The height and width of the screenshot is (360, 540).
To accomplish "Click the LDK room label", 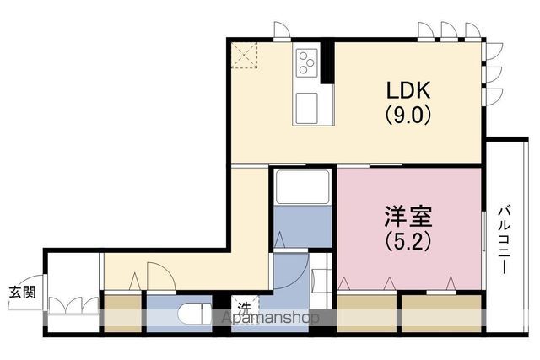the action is pyautogui.click(x=408, y=90).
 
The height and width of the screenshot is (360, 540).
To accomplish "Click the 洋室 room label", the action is pyautogui.click(x=408, y=217).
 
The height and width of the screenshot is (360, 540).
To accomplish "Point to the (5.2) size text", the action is pyautogui.click(x=408, y=241).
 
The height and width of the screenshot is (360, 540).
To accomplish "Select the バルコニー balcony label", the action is pyautogui.click(x=505, y=240).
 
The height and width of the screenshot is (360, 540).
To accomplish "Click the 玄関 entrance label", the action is pyautogui.click(x=22, y=293).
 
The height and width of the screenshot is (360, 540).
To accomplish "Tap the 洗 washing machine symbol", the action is pyautogui.click(x=245, y=307).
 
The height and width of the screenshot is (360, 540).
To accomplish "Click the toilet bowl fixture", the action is pyautogui.click(x=195, y=313).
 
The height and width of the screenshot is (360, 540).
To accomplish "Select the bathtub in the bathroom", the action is pyautogui.click(x=303, y=187).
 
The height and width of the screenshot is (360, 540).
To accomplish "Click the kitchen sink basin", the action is pyautogui.click(x=306, y=108).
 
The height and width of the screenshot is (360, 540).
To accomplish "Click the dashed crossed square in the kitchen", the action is pyautogui.click(x=244, y=55).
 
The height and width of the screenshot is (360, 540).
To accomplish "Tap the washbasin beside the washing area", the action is pyautogui.click(x=317, y=281).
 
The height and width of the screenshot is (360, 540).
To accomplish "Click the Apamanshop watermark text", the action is pyautogui.click(x=270, y=318).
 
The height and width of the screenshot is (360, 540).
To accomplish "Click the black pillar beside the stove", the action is pyautogui.click(x=327, y=62).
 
